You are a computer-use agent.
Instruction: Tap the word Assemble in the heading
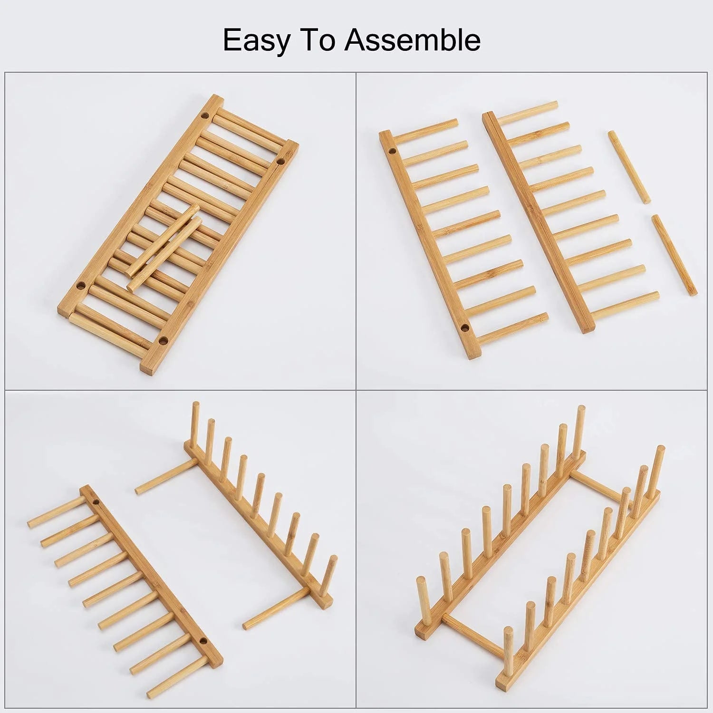point(413,40)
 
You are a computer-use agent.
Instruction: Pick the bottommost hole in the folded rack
point(164,340)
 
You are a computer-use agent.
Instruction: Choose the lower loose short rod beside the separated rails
point(674,255)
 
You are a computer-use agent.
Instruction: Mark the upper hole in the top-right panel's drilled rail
point(393,152)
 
